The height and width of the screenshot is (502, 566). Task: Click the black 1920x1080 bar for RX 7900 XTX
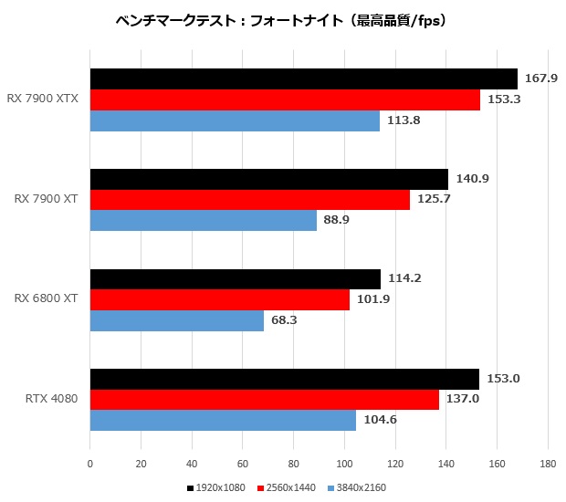click(303, 78)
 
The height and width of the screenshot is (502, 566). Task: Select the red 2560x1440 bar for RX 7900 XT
click(249, 200)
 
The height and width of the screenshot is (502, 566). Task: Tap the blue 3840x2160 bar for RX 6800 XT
click(176, 320)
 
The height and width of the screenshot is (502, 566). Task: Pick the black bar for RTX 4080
click(284, 379)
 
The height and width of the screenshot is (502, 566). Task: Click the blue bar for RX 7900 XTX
click(235, 120)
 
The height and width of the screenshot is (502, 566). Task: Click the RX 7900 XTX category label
click(43, 99)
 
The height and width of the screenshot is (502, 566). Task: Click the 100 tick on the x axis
click(344, 464)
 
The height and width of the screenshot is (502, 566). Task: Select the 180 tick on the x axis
click(548, 464)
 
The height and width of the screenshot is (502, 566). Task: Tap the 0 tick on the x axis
click(89, 464)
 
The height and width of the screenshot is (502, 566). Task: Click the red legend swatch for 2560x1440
click(260, 488)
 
